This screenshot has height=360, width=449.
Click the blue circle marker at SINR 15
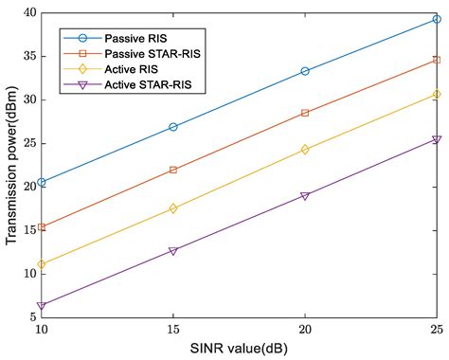[172, 127]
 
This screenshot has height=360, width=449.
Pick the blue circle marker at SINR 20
[304, 71]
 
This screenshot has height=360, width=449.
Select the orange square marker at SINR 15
[172, 170]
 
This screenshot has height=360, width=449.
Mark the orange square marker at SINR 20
[304, 113]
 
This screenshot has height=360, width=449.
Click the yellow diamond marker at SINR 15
[172, 208]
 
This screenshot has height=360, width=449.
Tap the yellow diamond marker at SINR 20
[304, 149]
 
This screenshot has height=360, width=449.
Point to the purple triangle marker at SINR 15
[172, 251]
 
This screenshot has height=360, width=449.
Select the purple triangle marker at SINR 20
[304, 196]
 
